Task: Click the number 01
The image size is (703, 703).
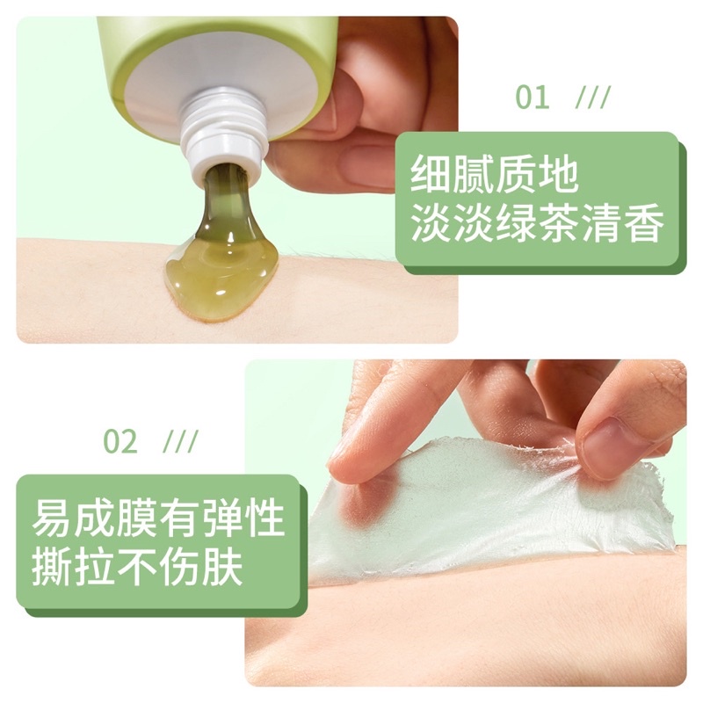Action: tap(532, 98)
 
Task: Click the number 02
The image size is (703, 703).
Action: tap(120, 441)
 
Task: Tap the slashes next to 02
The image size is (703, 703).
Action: tap(181, 441)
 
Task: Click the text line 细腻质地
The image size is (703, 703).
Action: tap(496, 177)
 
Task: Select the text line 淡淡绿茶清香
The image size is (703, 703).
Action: tap(537, 226)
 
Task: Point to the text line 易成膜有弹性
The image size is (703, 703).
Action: tap(158, 519)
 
